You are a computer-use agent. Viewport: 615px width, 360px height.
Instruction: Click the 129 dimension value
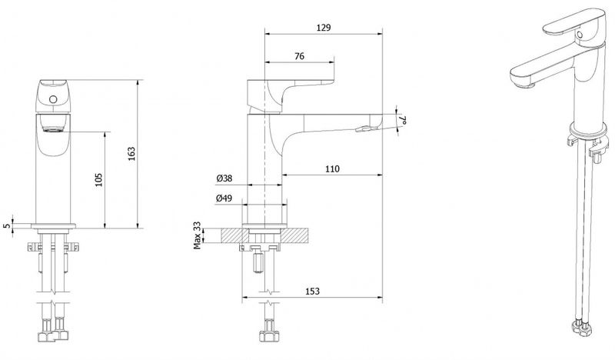click(324, 28)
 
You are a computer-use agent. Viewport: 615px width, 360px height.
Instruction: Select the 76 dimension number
click(299, 56)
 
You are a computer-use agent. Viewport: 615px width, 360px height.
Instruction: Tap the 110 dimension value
click(332, 168)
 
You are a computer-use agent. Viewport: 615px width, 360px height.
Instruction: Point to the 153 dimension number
click(312, 291)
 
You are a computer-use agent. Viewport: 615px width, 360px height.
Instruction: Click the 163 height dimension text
click(131, 154)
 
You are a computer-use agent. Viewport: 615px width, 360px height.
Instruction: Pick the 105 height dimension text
click(99, 180)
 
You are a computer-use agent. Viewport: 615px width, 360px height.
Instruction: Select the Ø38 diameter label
click(224, 178)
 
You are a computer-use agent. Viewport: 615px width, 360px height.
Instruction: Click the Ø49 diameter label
click(224, 198)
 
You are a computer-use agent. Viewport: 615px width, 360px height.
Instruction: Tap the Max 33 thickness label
click(197, 235)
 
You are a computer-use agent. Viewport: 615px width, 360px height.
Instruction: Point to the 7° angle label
click(403, 120)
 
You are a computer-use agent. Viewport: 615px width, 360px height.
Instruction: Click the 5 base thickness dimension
click(6, 225)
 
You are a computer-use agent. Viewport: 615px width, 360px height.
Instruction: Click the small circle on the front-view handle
click(53, 99)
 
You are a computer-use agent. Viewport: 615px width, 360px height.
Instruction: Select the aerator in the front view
click(53, 129)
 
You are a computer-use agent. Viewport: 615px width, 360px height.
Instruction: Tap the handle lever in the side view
click(290, 93)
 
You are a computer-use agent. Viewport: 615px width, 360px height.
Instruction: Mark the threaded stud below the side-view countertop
click(258, 262)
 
